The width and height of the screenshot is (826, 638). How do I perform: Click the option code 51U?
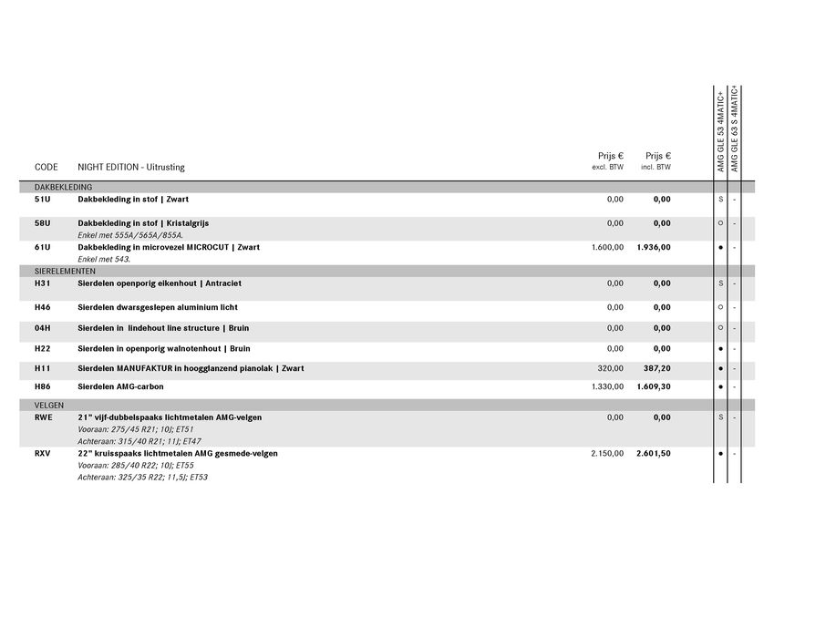42,199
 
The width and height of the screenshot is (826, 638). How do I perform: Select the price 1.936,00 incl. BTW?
653,247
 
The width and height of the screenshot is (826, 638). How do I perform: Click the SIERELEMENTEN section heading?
65,271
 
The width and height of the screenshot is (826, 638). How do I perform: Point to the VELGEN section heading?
49,405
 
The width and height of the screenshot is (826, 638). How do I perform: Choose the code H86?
42,386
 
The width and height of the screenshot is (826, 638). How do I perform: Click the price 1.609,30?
653,386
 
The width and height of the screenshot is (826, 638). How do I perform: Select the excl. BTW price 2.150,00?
607,453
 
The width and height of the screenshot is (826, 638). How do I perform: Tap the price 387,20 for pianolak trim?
656,368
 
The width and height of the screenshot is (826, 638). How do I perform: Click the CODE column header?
46,167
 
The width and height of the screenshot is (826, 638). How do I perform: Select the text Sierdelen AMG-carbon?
120,386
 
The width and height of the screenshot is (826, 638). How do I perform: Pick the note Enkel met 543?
104,259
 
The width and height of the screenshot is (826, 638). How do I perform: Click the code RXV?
42,453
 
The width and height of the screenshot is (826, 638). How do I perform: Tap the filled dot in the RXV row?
720,453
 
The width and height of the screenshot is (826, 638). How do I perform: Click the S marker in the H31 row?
720,283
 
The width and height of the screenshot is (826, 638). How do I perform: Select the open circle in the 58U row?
720,223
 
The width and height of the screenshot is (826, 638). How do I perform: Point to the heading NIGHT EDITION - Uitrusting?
130,167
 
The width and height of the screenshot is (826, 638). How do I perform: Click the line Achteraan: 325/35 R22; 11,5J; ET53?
142,477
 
